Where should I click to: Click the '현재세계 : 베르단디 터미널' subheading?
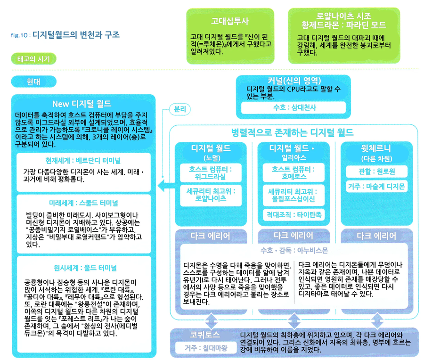pyautogui.click(x=83, y=159)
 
